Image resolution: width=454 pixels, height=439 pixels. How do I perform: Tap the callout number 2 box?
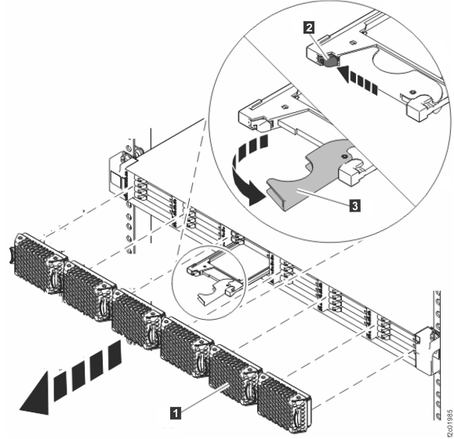point(310,27)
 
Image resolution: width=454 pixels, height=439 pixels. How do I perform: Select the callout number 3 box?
point(356,205)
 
